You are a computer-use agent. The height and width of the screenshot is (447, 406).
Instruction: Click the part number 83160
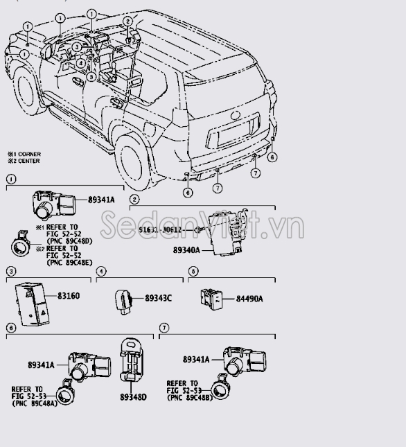68,296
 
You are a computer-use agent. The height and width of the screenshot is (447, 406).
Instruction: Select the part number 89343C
159,298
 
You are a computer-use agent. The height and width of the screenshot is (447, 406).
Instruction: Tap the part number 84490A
250,299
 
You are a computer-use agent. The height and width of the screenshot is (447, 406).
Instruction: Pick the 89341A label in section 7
196,359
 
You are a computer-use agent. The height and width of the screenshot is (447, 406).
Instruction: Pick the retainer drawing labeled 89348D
133,361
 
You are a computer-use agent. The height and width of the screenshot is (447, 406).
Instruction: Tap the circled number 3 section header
11,271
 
